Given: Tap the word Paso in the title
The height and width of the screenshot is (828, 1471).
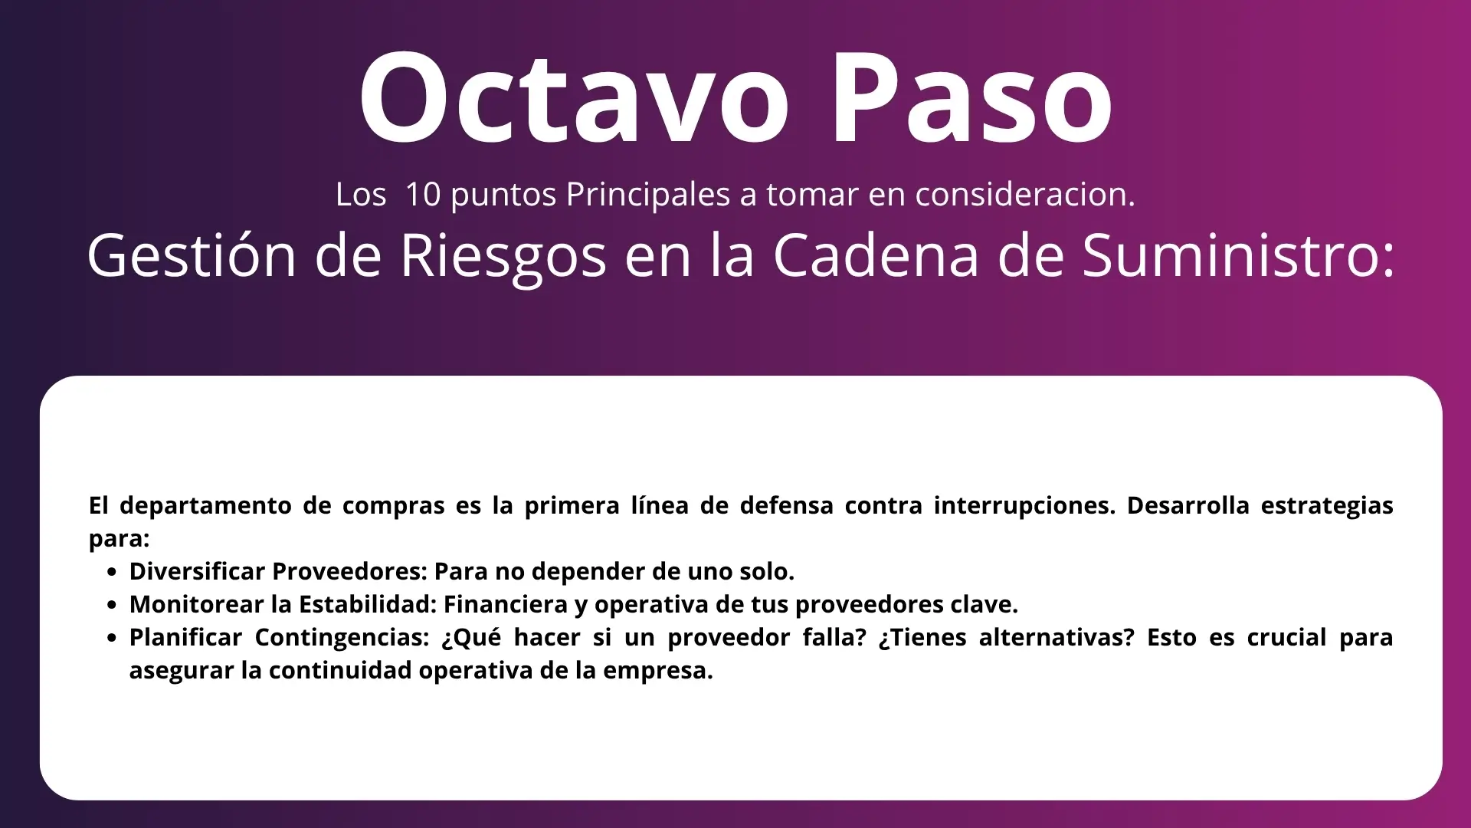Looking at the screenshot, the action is coord(971,98).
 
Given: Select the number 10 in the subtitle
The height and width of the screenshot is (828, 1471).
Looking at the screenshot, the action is coord(423,195).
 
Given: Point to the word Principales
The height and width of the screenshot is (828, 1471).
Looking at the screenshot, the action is coord(648,195).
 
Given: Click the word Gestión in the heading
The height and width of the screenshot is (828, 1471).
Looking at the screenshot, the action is coord(192,255).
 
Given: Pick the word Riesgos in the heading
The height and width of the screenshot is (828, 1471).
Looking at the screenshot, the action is coord(503,257).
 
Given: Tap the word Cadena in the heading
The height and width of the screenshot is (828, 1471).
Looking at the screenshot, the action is coord(876,255).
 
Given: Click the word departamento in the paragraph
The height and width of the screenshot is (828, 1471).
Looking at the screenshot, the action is coord(205,506).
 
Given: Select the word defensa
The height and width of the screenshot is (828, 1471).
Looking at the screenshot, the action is coord(787,505).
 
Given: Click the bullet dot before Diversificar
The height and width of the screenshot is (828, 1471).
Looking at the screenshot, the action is coord(113,572).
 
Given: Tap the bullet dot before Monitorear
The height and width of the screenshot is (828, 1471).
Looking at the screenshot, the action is coord(113,605).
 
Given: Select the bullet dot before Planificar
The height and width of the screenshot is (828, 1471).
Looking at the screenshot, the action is coord(113,638).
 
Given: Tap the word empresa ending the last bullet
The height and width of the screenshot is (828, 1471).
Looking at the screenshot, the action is coord(658,671).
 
